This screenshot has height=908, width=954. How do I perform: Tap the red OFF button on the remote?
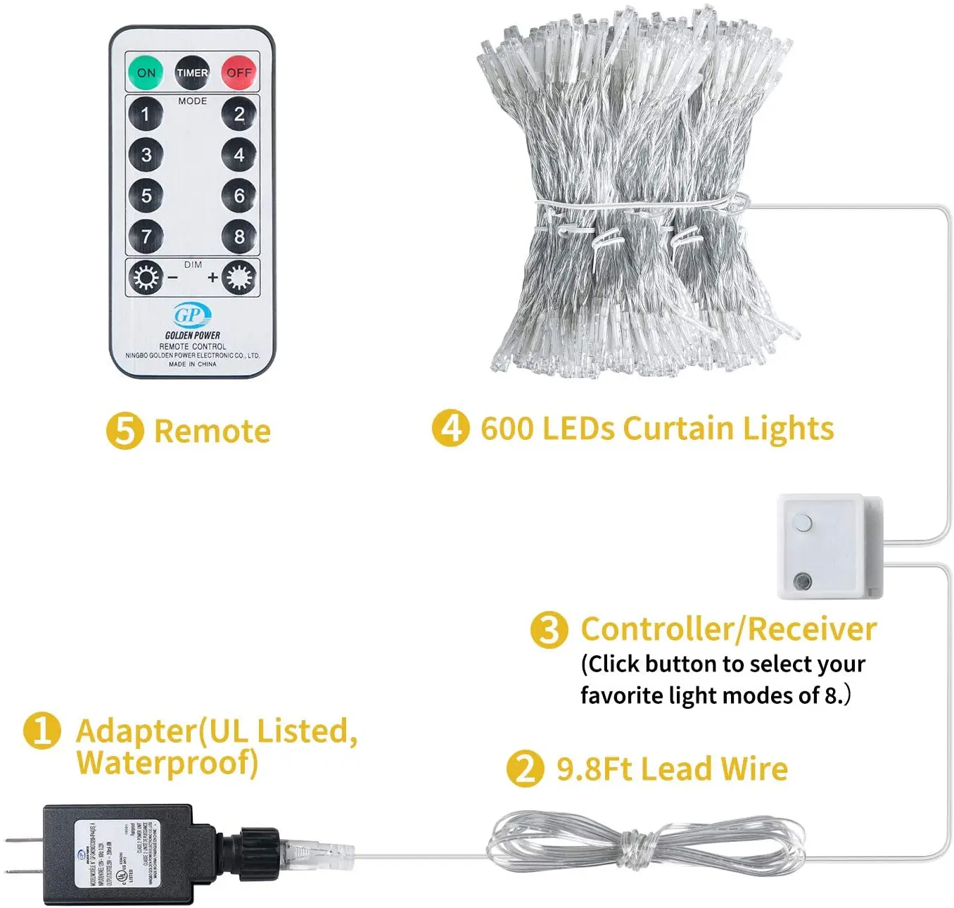pos(239,72)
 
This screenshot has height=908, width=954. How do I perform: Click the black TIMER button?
pos(192,72)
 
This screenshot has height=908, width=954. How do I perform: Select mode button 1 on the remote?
pos(146,114)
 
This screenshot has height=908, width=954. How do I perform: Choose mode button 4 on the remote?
pos(239,155)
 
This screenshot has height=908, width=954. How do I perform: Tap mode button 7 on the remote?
pos(146,237)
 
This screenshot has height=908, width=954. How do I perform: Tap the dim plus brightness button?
pos(238,278)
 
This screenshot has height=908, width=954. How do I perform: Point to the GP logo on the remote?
pos(191,315)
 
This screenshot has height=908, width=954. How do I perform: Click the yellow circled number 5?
pos(125,431)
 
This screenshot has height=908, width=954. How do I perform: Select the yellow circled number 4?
pos(450,428)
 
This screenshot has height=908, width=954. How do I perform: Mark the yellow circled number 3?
pos(549,629)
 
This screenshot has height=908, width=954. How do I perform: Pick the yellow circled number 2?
pos(526,769)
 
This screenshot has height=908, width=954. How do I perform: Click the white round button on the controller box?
pos(801,523)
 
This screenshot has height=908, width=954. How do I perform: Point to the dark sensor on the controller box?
pos(801,581)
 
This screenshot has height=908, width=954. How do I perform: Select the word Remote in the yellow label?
pos(212,431)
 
